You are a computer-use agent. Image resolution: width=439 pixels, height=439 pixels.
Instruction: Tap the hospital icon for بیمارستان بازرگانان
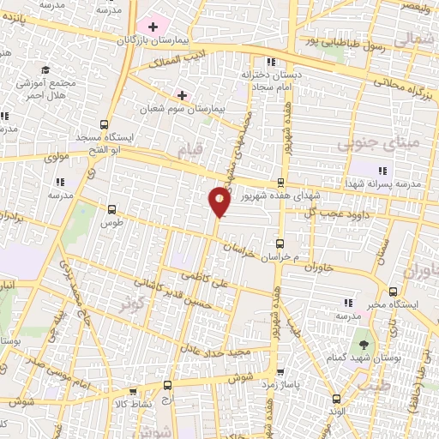point(153,27)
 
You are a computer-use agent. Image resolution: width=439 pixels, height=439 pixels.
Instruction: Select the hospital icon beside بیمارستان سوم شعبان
point(181,94)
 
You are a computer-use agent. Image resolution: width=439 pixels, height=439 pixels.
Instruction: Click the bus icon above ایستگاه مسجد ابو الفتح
point(104,123)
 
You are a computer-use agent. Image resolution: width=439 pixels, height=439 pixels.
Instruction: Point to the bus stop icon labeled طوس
point(111,208)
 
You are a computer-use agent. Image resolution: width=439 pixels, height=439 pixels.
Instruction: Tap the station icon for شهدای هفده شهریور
point(280,182)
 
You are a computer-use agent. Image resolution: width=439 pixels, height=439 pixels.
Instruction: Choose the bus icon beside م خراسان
point(280,244)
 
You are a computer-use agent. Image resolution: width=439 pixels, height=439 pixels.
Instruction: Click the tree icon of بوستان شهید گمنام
point(366,345)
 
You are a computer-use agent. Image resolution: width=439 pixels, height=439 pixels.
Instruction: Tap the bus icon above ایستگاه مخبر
point(393,292)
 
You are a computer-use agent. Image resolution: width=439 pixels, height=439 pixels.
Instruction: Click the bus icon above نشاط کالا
point(167,386)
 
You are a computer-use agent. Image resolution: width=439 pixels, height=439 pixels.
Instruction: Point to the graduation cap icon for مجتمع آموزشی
point(45,70)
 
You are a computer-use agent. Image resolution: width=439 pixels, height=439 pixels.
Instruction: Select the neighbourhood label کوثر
point(131,301)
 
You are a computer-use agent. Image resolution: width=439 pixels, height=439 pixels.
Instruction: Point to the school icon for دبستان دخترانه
point(272,62)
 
